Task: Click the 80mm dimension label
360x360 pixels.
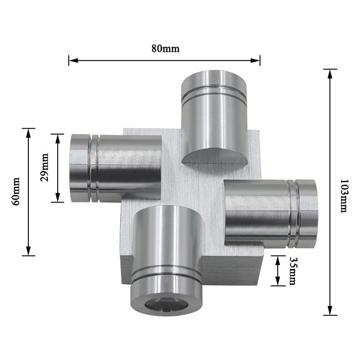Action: pyautogui.click(x=165, y=49)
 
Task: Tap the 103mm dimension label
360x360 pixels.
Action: pyautogui.click(x=344, y=196)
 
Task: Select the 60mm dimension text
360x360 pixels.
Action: pyautogui.click(x=16, y=191)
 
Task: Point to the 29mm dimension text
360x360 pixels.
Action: pyautogui.click(x=44, y=167)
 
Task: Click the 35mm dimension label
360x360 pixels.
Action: pyautogui.click(x=292, y=271)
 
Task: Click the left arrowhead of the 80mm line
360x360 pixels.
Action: pyautogui.click(x=73, y=61)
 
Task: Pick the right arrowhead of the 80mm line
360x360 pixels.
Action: pyautogui.click(x=255, y=61)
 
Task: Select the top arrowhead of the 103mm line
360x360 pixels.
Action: pyautogui.click(x=330, y=74)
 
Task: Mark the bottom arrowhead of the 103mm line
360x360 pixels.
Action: pyautogui.click(x=330, y=310)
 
